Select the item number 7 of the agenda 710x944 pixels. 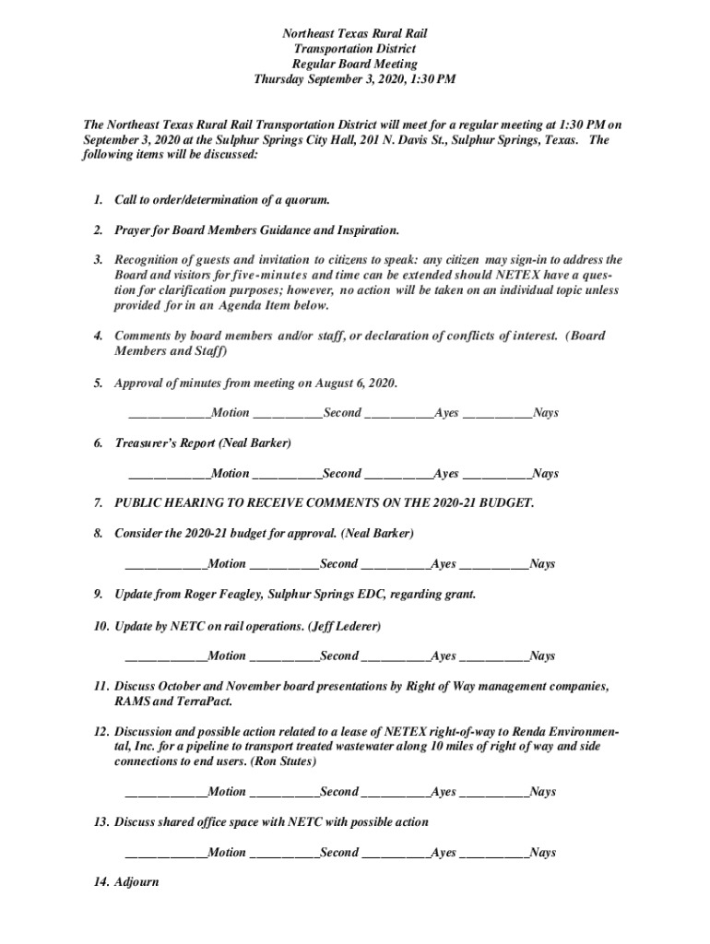[98, 503]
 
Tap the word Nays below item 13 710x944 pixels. [543, 853]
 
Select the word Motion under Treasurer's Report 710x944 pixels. [231, 474]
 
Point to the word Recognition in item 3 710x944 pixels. [152, 260]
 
